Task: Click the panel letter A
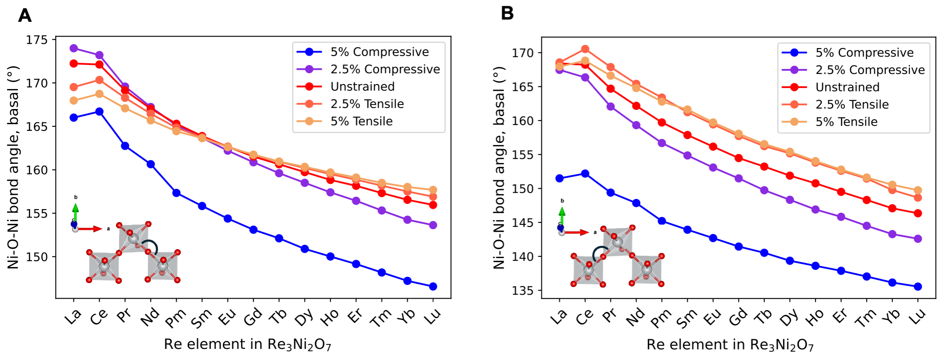24,16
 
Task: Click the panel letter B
507,13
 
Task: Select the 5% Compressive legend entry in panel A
379,52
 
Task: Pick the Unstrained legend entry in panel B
847,87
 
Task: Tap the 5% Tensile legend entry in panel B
846,122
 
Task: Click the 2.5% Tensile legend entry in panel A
367,104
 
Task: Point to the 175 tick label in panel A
37,40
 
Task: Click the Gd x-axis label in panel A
253,317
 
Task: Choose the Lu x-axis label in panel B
917,316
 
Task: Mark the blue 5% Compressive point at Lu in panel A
433,287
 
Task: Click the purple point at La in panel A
74,48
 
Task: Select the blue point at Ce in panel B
585,174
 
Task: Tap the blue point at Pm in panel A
176,193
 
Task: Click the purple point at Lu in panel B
917,239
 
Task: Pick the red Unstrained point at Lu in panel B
917,214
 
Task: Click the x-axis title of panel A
247,344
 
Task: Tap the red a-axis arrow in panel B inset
577,232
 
